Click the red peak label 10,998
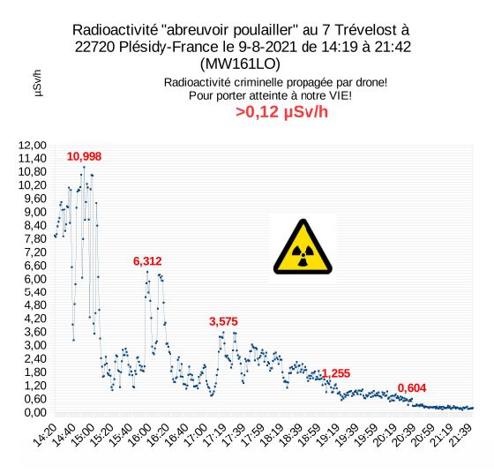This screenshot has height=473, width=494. pyautogui.click(x=84, y=156)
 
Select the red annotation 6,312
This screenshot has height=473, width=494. pyautogui.click(x=147, y=261)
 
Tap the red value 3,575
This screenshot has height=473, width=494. pyautogui.click(x=223, y=321)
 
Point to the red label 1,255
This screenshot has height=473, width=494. pyautogui.click(x=336, y=373)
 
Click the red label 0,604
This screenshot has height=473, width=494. pyautogui.click(x=412, y=388)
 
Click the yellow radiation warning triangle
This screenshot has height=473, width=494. pyautogui.click(x=303, y=247)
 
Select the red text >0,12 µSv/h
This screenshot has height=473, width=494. pyautogui.click(x=282, y=112)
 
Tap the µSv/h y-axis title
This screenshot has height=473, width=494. pyautogui.click(x=37, y=83)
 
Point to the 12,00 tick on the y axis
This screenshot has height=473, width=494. pyautogui.click(x=33, y=146)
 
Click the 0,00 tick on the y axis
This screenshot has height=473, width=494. pyautogui.click(x=35, y=412)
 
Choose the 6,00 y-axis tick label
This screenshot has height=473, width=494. pyautogui.click(x=35, y=279)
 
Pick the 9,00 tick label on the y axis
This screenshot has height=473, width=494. pyautogui.click(x=35, y=212)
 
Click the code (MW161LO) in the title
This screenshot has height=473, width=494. pyautogui.click(x=240, y=64)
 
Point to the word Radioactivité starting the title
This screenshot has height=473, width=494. pyautogui.click(x=115, y=30)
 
